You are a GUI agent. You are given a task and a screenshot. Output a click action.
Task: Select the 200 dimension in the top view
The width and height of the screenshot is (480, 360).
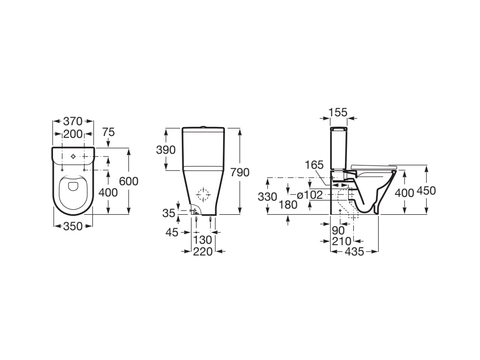click(73, 134)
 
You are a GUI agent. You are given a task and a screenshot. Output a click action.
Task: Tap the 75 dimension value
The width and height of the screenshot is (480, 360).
click(108, 132)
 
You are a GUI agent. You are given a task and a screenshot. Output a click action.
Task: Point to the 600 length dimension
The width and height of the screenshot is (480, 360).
click(129, 181)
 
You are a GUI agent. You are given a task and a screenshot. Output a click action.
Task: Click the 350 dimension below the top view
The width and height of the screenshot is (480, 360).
click(73, 226)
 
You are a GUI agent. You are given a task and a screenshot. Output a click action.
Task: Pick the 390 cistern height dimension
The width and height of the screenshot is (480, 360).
click(166, 150)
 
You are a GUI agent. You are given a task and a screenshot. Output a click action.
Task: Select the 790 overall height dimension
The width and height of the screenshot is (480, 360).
click(240, 172)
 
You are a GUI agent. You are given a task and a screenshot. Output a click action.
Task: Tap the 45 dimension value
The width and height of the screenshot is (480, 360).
click(172, 232)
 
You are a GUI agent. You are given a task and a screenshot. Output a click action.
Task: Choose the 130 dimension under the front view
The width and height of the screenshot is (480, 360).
click(203, 240)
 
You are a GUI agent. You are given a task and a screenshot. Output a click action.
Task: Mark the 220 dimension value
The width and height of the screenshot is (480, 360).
click(203, 252)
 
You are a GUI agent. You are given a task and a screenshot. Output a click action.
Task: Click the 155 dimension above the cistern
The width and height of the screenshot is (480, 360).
click(337, 112)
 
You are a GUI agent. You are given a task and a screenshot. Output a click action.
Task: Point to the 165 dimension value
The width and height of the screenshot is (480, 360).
click(314, 165)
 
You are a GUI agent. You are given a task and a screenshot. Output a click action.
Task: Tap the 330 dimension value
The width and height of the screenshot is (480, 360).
click(267, 197)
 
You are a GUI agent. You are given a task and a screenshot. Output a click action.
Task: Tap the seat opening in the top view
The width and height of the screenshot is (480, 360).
click(73, 187)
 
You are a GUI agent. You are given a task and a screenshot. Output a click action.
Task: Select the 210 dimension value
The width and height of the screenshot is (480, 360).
click(342, 241)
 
